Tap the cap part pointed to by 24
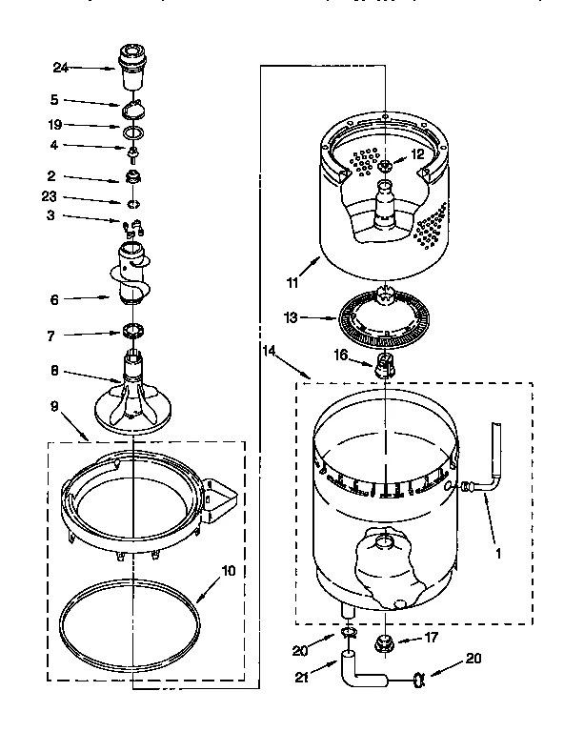[x=131, y=58]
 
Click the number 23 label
[x=50, y=196]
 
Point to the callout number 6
[x=54, y=298]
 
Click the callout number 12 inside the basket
[x=416, y=154]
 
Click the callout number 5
[x=54, y=98]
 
